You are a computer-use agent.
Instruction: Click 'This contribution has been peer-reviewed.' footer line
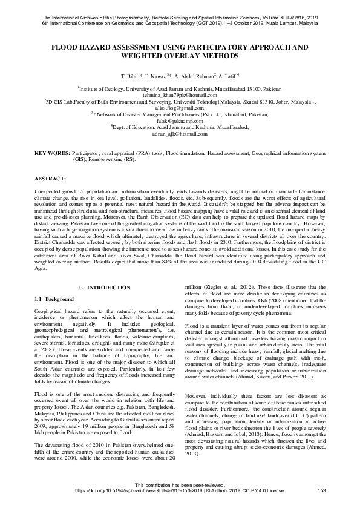pos(180,484)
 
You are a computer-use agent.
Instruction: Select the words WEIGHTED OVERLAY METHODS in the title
pos(180,56)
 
